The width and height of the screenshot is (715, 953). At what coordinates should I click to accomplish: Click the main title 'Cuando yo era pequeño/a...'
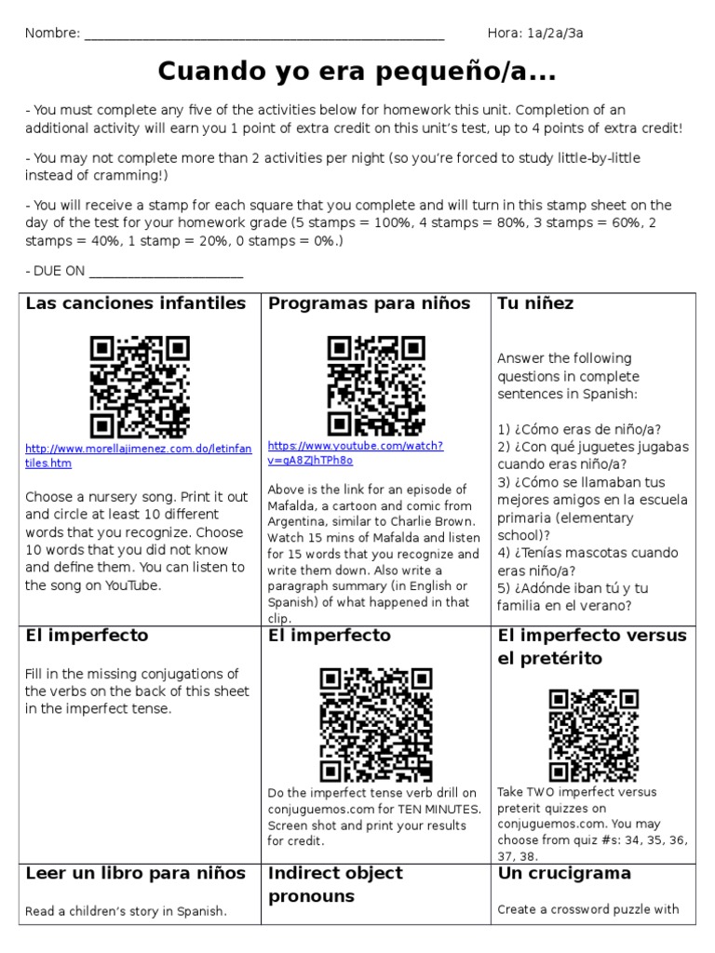[357, 71]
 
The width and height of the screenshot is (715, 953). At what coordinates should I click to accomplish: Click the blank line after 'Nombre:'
[264, 34]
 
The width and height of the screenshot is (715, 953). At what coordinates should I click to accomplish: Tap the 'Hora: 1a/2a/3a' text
[535, 34]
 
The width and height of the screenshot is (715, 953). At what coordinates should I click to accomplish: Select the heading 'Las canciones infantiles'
[136, 303]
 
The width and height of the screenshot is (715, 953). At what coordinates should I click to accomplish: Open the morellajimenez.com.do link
[138, 455]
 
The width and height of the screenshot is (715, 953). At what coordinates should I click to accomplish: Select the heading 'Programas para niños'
[370, 303]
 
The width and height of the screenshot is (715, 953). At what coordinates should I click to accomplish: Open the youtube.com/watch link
[356, 452]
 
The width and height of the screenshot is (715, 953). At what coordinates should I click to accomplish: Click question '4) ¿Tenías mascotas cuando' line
[587, 553]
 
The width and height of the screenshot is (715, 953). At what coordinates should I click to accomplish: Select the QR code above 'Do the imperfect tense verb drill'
[376, 724]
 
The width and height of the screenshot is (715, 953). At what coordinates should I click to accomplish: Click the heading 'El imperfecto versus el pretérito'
[592, 647]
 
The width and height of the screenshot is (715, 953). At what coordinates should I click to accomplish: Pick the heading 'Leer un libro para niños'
[136, 873]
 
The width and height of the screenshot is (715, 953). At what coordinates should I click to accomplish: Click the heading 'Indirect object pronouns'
[336, 884]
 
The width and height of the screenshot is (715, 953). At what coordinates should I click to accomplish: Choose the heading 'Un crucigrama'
[564, 873]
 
